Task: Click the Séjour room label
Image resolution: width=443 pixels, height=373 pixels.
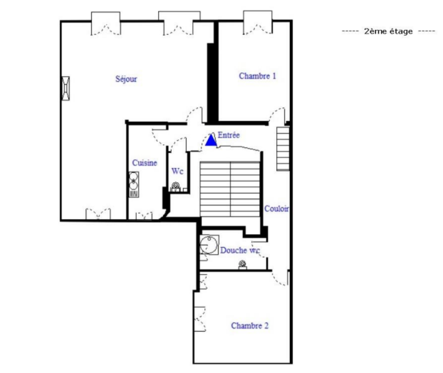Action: point(126,79)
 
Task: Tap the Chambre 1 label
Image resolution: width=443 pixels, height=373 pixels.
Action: point(257,76)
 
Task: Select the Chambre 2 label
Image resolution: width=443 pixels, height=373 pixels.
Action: point(250,326)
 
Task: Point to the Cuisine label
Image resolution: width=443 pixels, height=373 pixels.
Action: point(145,163)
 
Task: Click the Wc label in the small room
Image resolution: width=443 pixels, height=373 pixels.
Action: point(177,171)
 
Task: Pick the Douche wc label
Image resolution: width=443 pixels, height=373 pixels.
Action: point(240,250)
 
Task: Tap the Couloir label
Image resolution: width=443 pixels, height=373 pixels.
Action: point(277,209)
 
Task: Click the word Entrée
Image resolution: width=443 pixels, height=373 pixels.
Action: point(229,135)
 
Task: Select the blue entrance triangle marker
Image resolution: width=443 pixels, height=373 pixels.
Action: point(211,140)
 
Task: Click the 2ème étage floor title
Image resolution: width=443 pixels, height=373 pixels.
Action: point(388,31)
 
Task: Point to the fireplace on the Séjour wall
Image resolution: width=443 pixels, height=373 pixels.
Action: point(66,88)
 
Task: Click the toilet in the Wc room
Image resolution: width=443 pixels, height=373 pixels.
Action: point(175,187)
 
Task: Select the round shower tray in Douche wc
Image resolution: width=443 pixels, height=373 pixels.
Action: point(209,245)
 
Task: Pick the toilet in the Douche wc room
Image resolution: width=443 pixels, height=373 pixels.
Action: point(243,265)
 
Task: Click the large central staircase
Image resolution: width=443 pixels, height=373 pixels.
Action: point(230,189)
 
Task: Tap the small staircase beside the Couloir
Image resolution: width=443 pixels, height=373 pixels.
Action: point(283,149)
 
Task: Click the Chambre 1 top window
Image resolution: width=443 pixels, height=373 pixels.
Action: point(257,22)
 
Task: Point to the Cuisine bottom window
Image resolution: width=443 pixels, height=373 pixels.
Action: point(144,216)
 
